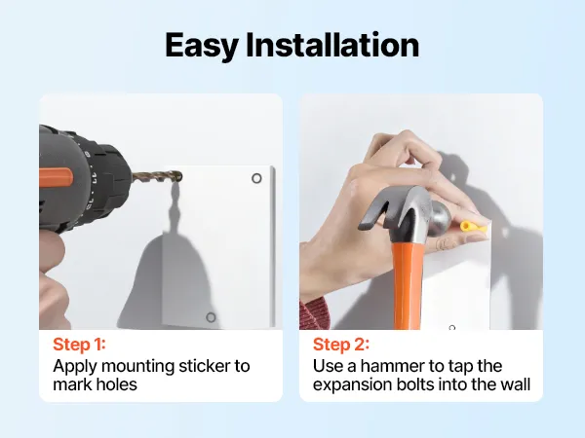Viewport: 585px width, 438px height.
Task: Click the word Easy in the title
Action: pyautogui.click(x=202, y=46)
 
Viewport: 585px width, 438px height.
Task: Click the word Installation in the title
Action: pyautogui.click(x=332, y=45)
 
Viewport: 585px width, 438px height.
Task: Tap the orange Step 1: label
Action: pyautogui.click(x=80, y=345)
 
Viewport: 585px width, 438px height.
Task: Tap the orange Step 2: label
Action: pyautogui.click(x=341, y=345)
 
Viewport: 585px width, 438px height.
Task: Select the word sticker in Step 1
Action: pyautogui.click(x=204, y=366)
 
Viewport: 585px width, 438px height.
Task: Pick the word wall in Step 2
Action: pyautogui.click(x=516, y=384)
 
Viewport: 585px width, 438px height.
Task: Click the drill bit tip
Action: pyautogui.click(x=180, y=176)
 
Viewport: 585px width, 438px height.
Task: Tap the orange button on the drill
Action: pyautogui.click(x=56, y=177)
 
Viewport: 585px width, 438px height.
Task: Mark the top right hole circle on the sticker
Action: pyautogui.click(x=256, y=178)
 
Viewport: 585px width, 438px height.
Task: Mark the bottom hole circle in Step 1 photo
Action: pyautogui.click(x=211, y=317)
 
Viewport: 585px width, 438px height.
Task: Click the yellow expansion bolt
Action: pyautogui.click(x=473, y=227)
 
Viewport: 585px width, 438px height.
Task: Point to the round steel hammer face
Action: pyautogui.click(x=442, y=217)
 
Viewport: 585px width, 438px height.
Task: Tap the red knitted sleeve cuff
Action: pyautogui.click(x=314, y=314)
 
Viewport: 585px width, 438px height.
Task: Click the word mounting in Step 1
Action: pyautogui.click(x=138, y=367)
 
